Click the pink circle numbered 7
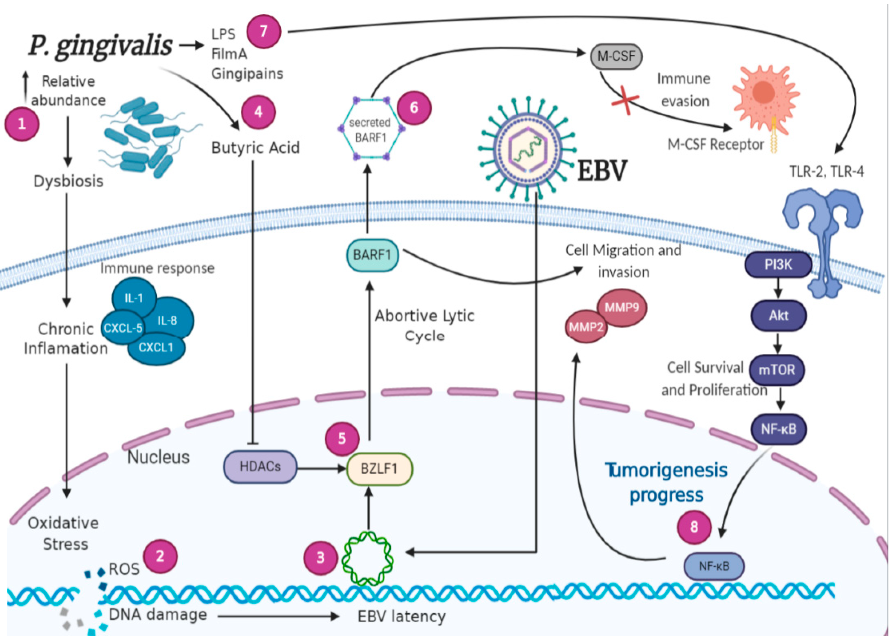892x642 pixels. tap(264, 31)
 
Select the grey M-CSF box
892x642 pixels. tap(616, 56)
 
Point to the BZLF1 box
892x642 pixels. tap(379, 469)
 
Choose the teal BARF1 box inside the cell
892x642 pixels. tap(372, 255)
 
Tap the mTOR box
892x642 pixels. tap(777, 370)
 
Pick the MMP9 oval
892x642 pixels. tap(622, 308)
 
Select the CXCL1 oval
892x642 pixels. tap(156, 348)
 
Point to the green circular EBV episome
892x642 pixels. tap(368, 558)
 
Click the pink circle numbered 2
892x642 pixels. tap(160, 556)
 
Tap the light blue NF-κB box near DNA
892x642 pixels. tap(714, 566)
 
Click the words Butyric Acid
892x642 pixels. tap(255, 148)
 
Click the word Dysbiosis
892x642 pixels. tap(68, 181)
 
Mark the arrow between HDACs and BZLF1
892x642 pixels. tap(320, 468)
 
